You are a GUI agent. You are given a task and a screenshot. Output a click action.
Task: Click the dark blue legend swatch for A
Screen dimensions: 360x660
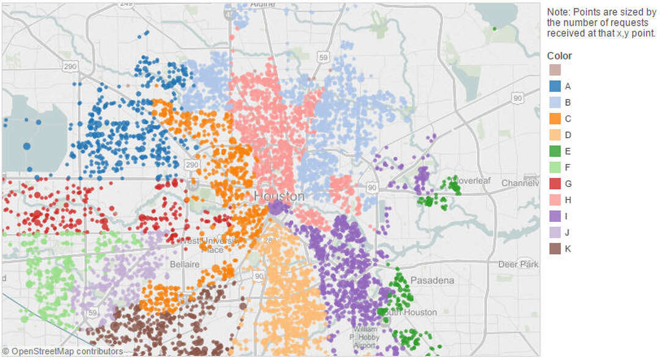click(x=554, y=86)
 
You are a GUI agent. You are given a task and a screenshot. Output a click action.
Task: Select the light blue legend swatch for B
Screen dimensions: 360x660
click(x=554, y=102)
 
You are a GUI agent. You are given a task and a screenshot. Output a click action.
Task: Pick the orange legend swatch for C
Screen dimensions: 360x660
click(x=554, y=119)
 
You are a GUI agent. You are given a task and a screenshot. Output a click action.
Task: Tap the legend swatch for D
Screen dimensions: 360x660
click(x=554, y=134)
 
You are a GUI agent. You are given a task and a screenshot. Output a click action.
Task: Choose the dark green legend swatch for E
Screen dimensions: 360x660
click(x=554, y=151)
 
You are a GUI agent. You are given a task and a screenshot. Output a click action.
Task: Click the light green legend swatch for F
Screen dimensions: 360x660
click(x=554, y=167)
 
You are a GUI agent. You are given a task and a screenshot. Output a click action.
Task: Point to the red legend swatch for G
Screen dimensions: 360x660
click(x=554, y=183)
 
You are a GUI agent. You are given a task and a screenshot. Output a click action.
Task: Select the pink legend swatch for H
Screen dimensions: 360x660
click(x=554, y=200)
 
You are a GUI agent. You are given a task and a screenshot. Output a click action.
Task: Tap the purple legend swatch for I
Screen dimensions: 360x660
click(x=554, y=216)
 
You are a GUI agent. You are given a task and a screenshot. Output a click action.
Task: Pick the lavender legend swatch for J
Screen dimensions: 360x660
click(x=554, y=232)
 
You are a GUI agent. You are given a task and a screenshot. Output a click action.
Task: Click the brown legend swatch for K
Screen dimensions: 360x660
click(x=554, y=249)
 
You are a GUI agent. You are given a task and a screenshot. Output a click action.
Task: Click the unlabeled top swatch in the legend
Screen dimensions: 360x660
click(x=554, y=70)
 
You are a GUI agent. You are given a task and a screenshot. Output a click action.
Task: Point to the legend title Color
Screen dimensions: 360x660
click(x=559, y=56)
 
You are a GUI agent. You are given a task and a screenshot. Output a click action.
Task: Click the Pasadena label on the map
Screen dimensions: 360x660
click(x=431, y=281)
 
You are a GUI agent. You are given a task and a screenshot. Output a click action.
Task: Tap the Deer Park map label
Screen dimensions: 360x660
click(x=518, y=265)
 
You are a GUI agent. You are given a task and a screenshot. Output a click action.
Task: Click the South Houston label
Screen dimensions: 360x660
click(x=411, y=312)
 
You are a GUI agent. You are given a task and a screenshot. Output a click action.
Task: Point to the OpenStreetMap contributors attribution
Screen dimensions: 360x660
click(x=62, y=351)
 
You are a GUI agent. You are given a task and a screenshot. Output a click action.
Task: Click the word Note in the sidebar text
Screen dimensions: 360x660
click(x=557, y=12)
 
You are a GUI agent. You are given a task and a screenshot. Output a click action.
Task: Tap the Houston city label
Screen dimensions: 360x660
click(x=279, y=196)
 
